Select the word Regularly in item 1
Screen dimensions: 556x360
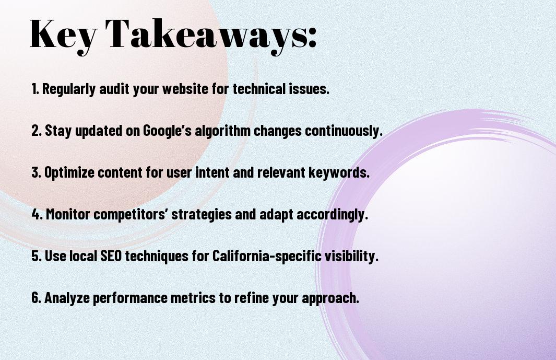(69, 89)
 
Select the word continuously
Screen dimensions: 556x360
(344, 131)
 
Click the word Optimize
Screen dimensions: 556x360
(69, 172)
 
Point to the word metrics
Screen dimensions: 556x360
(193, 298)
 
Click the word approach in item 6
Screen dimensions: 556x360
(330, 298)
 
